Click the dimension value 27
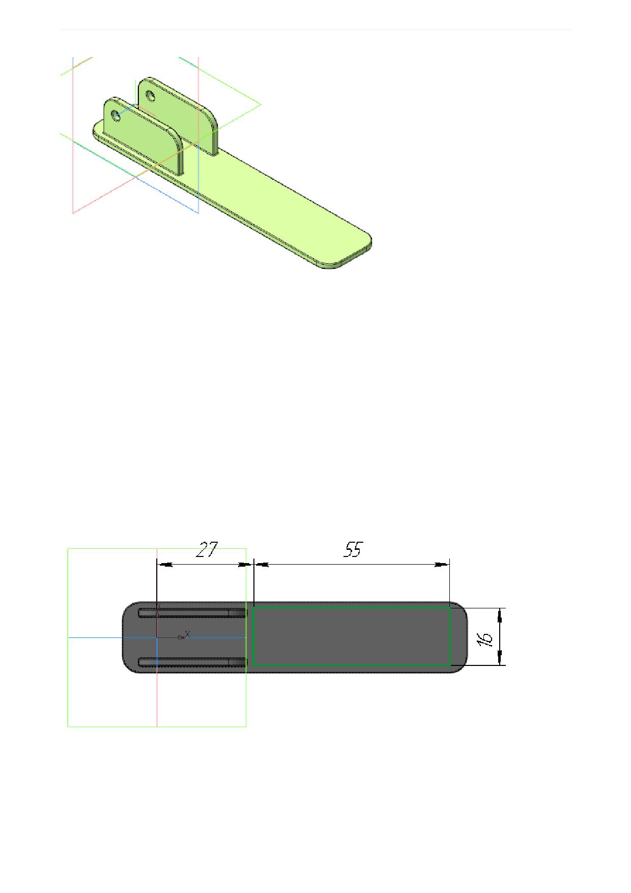[207, 550]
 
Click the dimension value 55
[352, 550]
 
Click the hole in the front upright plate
[116, 116]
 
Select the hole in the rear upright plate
[151, 95]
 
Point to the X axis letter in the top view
[187, 634]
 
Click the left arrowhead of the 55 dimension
[261, 564]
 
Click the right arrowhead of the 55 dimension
[442, 564]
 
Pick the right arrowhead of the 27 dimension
[245, 564]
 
